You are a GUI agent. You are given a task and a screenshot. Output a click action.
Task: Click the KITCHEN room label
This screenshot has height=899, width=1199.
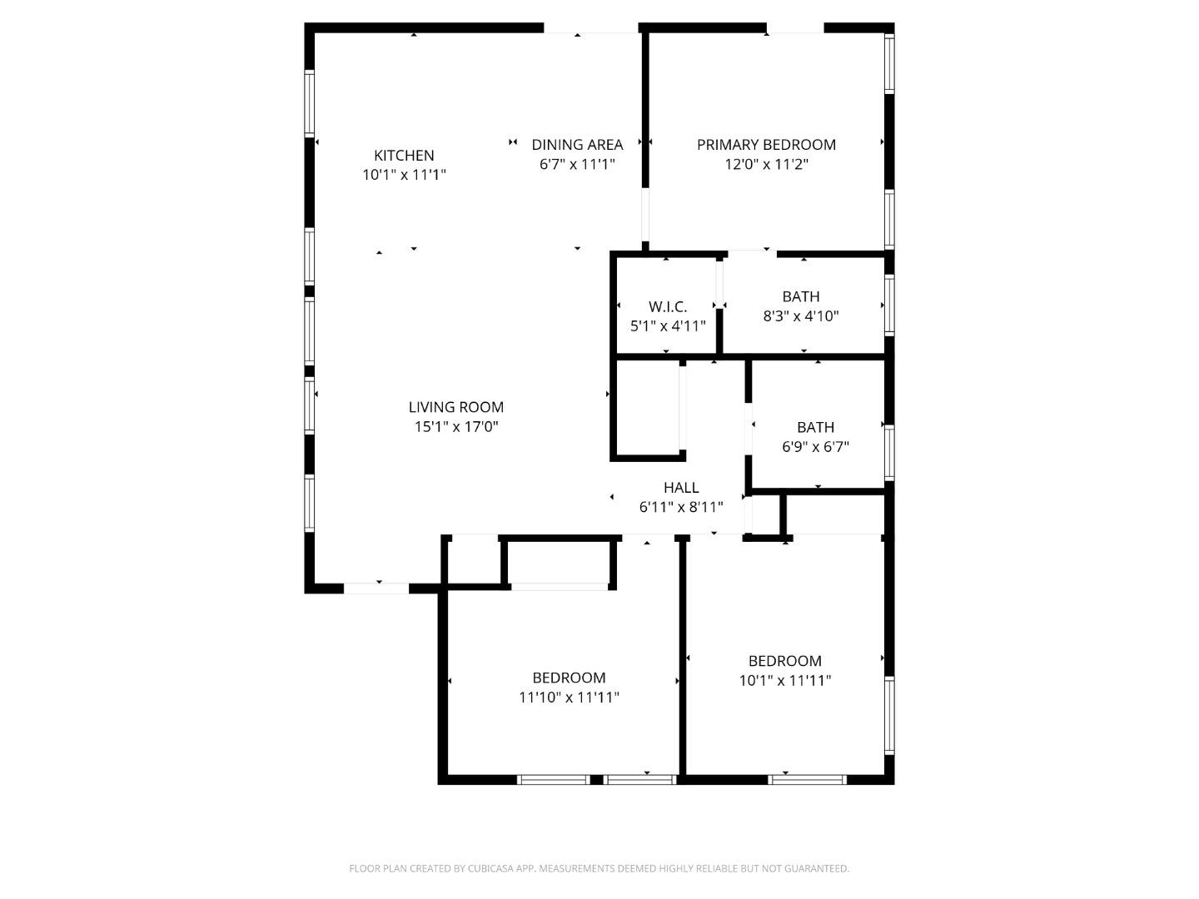[x=404, y=156]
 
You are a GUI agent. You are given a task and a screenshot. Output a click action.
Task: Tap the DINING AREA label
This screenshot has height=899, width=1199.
[x=577, y=145]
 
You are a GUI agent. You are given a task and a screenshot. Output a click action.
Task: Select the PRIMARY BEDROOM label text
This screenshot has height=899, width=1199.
[x=766, y=145]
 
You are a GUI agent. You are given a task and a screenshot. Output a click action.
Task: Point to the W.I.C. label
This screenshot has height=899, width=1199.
[x=668, y=307]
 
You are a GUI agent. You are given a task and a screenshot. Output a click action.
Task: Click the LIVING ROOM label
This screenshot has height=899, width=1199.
[x=456, y=407]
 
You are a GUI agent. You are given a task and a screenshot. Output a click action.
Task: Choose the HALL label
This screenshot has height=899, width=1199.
[x=681, y=488]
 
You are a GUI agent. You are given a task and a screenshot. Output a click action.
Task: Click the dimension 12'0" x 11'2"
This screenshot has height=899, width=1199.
[x=766, y=165]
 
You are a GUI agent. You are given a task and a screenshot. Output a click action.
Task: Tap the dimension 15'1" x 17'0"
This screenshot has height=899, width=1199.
[x=456, y=427]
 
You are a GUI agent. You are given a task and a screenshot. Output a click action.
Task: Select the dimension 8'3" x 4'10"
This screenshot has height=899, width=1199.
[x=801, y=316]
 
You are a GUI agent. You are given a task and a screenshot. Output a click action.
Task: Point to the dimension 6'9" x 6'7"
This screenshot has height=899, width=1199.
[x=815, y=447]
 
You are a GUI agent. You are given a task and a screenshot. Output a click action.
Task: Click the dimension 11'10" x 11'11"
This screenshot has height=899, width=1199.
[x=570, y=698]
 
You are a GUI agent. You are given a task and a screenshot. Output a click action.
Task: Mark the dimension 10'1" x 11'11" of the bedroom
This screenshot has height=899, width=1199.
[x=785, y=681]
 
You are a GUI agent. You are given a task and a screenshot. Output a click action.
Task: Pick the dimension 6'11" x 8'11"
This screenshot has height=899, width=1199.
[x=681, y=507]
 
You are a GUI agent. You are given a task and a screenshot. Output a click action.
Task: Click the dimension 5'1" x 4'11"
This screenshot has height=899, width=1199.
[x=668, y=326]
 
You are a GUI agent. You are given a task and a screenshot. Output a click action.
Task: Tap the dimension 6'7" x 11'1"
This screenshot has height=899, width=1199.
[x=577, y=165]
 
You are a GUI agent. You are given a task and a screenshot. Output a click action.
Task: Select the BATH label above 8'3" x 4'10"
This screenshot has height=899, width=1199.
[x=801, y=296]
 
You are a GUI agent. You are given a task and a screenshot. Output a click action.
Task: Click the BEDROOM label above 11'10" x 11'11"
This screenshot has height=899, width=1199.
[x=570, y=678]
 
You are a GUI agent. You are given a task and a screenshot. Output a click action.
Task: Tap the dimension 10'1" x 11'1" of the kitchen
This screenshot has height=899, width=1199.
[x=404, y=176]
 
